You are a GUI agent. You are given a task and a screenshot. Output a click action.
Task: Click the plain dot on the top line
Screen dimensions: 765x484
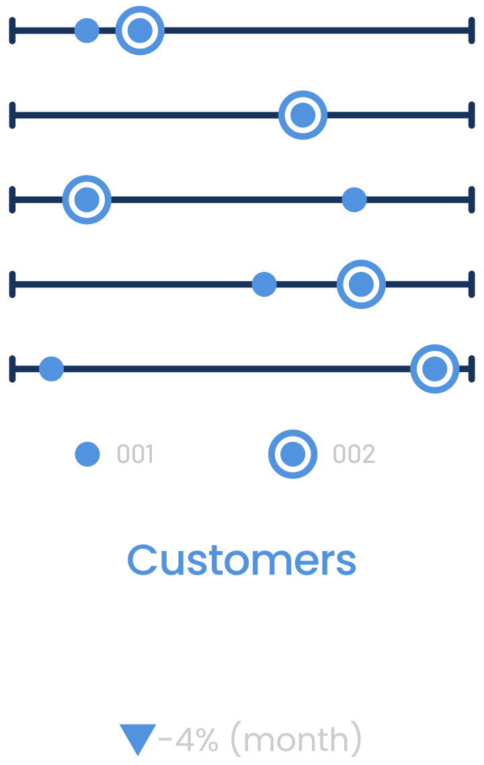(87, 30)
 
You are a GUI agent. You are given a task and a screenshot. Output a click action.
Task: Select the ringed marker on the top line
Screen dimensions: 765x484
(140, 30)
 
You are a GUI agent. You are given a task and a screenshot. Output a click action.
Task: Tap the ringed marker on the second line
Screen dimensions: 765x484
(303, 115)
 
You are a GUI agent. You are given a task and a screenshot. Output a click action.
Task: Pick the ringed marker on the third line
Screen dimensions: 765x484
(87, 200)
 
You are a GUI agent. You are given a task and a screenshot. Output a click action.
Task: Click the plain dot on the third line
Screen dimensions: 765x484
(354, 200)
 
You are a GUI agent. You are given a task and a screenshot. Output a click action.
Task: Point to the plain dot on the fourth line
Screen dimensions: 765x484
(264, 285)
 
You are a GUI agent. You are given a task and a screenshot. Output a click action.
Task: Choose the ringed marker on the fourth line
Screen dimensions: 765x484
(361, 285)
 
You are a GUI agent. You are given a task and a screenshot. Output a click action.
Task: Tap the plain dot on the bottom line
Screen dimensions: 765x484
(51, 369)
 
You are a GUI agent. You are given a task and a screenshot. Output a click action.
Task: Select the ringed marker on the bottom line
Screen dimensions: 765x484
(435, 369)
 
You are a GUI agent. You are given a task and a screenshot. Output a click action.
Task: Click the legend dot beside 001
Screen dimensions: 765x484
(87, 454)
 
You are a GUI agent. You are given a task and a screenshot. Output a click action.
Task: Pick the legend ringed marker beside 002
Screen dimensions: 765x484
(292, 454)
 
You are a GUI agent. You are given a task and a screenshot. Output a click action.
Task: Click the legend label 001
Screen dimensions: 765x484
(135, 455)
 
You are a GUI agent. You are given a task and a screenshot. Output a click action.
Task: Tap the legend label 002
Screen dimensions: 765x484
(354, 455)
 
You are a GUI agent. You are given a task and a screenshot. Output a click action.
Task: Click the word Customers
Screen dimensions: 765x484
(241, 560)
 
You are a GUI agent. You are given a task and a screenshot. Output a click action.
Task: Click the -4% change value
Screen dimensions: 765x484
(189, 740)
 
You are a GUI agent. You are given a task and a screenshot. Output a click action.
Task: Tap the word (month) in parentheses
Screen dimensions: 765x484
(296, 740)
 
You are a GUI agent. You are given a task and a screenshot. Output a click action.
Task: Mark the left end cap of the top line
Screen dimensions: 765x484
(12, 30)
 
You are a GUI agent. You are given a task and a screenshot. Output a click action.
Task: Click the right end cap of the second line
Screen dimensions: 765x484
(471, 115)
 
